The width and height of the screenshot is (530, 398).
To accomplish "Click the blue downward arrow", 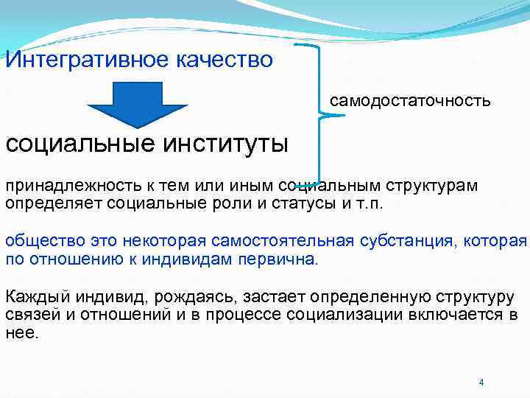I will (138, 103).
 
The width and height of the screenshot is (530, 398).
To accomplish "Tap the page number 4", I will (481, 383).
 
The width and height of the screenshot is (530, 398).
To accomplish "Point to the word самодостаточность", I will (410, 99).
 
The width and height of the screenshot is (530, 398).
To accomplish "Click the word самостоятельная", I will (283, 241).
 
